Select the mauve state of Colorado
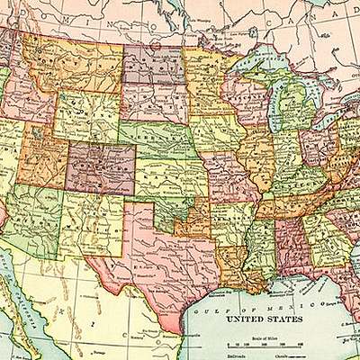pyautogui.click(x=101, y=167)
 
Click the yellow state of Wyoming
pyautogui.click(x=86, y=117)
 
